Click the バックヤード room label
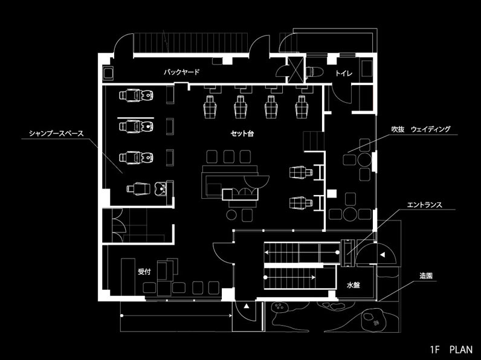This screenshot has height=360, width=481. coord(181,72)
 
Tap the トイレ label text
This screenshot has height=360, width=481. coord(343,72)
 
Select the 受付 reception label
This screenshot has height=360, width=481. coord(144,272)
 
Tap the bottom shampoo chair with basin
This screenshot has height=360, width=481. coord(145,188)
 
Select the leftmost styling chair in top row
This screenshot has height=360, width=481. coord(210,106)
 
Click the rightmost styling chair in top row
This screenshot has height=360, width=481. coord(301,106)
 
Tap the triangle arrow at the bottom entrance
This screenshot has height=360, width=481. coord(247,308)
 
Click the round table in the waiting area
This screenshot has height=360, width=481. coord(364,159)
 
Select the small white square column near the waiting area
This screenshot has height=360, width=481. coord(331,193)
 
